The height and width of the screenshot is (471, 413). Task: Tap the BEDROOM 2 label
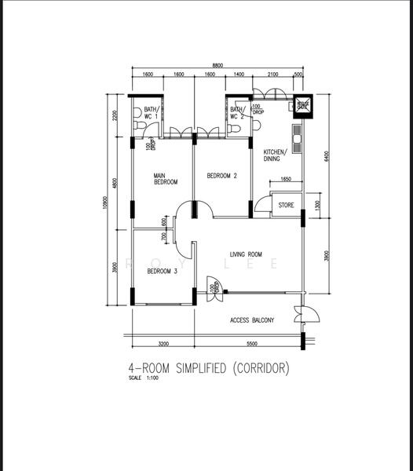click(x=221, y=176)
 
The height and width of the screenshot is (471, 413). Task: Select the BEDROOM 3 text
click(x=162, y=272)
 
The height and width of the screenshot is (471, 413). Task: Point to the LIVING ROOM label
click(x=246, y=254)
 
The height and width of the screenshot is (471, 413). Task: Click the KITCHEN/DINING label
click(x=274, y=155)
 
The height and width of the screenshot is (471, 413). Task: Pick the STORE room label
click(x=287, y=206)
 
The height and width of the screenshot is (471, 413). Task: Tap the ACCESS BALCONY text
click(x=251, y=320)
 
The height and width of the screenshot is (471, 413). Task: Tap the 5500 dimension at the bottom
click(x=250, y=344)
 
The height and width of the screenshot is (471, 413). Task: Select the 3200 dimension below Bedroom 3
click(x=163, y=344)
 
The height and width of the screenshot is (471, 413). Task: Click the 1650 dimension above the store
click(x=285, y=180)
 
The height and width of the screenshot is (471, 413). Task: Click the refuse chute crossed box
click(x=303, y=105)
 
